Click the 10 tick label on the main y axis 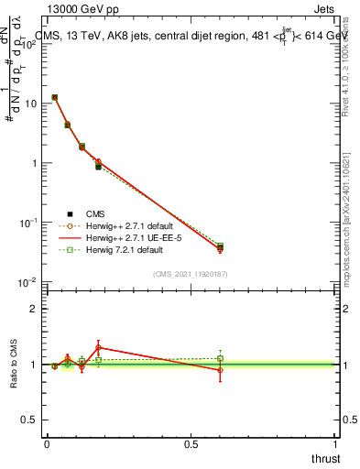coord(30,104)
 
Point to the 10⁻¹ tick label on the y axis coord(28,223)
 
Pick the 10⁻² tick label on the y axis coord(28,282)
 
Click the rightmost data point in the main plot coord(220,247)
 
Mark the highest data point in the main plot coord(55,97)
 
